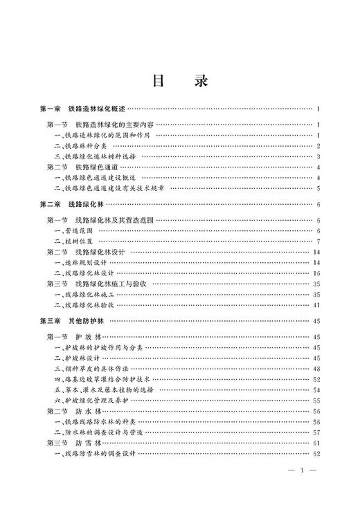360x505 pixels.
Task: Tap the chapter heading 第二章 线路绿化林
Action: (73, 205)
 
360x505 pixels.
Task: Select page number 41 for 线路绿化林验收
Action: (315, 304)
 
